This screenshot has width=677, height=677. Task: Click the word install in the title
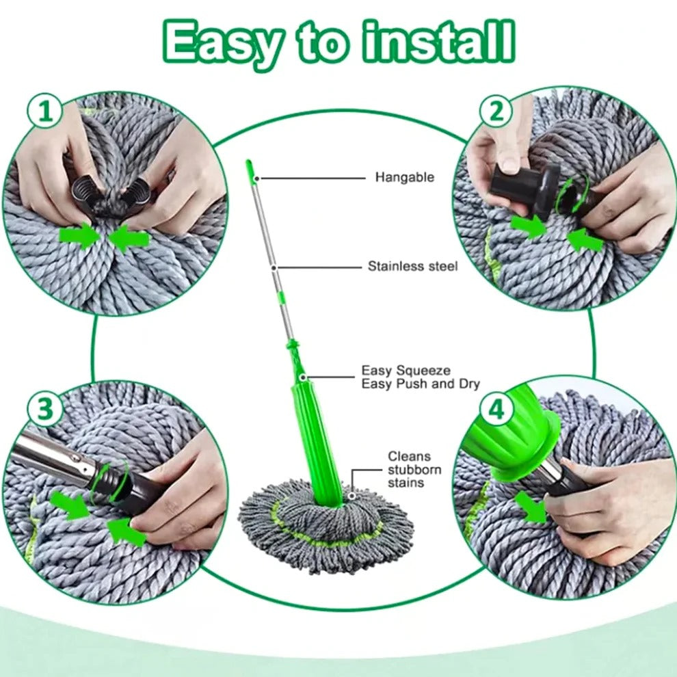pyautogui.click(x=438, y=42)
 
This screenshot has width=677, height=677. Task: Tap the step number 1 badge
pyautogui.click(x=45, y=111)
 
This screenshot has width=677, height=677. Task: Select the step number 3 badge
pyautogui.click(x=44, y=410)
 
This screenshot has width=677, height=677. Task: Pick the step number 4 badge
pyautogui.click(x=497, y=410)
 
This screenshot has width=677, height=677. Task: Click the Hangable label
pyautogui.click(x=404, y=178)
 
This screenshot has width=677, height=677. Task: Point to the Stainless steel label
pyautogui.click(x=412, y=266)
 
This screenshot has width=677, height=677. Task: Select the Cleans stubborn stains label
pyautogui.click(x=414, y=469)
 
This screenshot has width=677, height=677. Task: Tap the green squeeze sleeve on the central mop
pyautogui.click(x=317, y=438)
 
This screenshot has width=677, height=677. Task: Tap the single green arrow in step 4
pyautogui.click(x=530, y=506)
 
